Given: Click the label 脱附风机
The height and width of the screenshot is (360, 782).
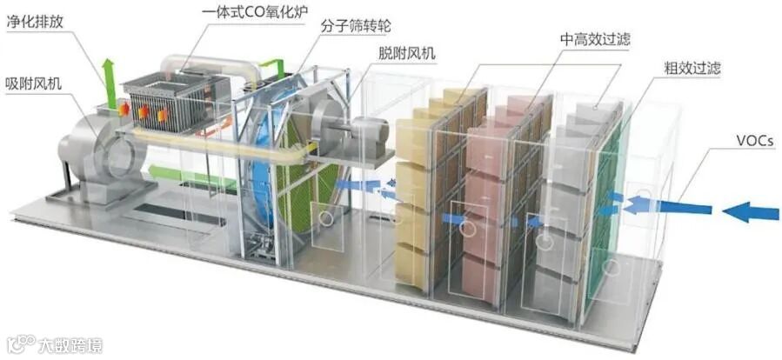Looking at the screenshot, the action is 407,54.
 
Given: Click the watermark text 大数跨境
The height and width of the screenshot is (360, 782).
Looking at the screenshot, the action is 69,346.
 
